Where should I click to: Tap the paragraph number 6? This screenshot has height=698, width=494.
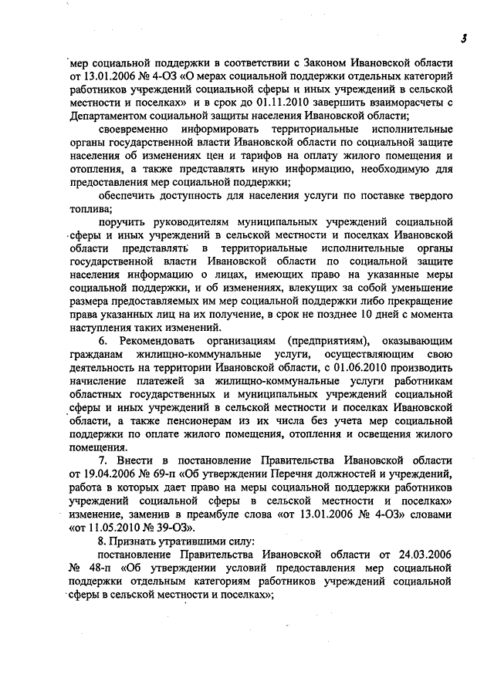(x=102, y=346)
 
